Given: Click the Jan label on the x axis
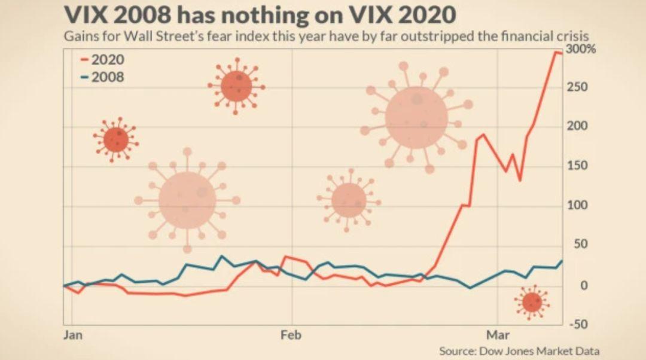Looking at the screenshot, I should pyautogui.click(x=73, y=334).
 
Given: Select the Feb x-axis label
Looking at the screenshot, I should pyautogui.click(x=291, y=334).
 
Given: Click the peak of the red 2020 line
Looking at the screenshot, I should pyautogui.click(x=556, y=53).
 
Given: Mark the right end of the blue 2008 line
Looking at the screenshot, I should pyautogui.click(x=562, y=261).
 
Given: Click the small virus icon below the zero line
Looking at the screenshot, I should pyautogui.click(x=531, y=303).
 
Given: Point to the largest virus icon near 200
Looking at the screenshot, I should pyautogui.click(x=416, y=117).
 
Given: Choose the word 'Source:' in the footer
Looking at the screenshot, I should pyautogui.click(x=458, y=350).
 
